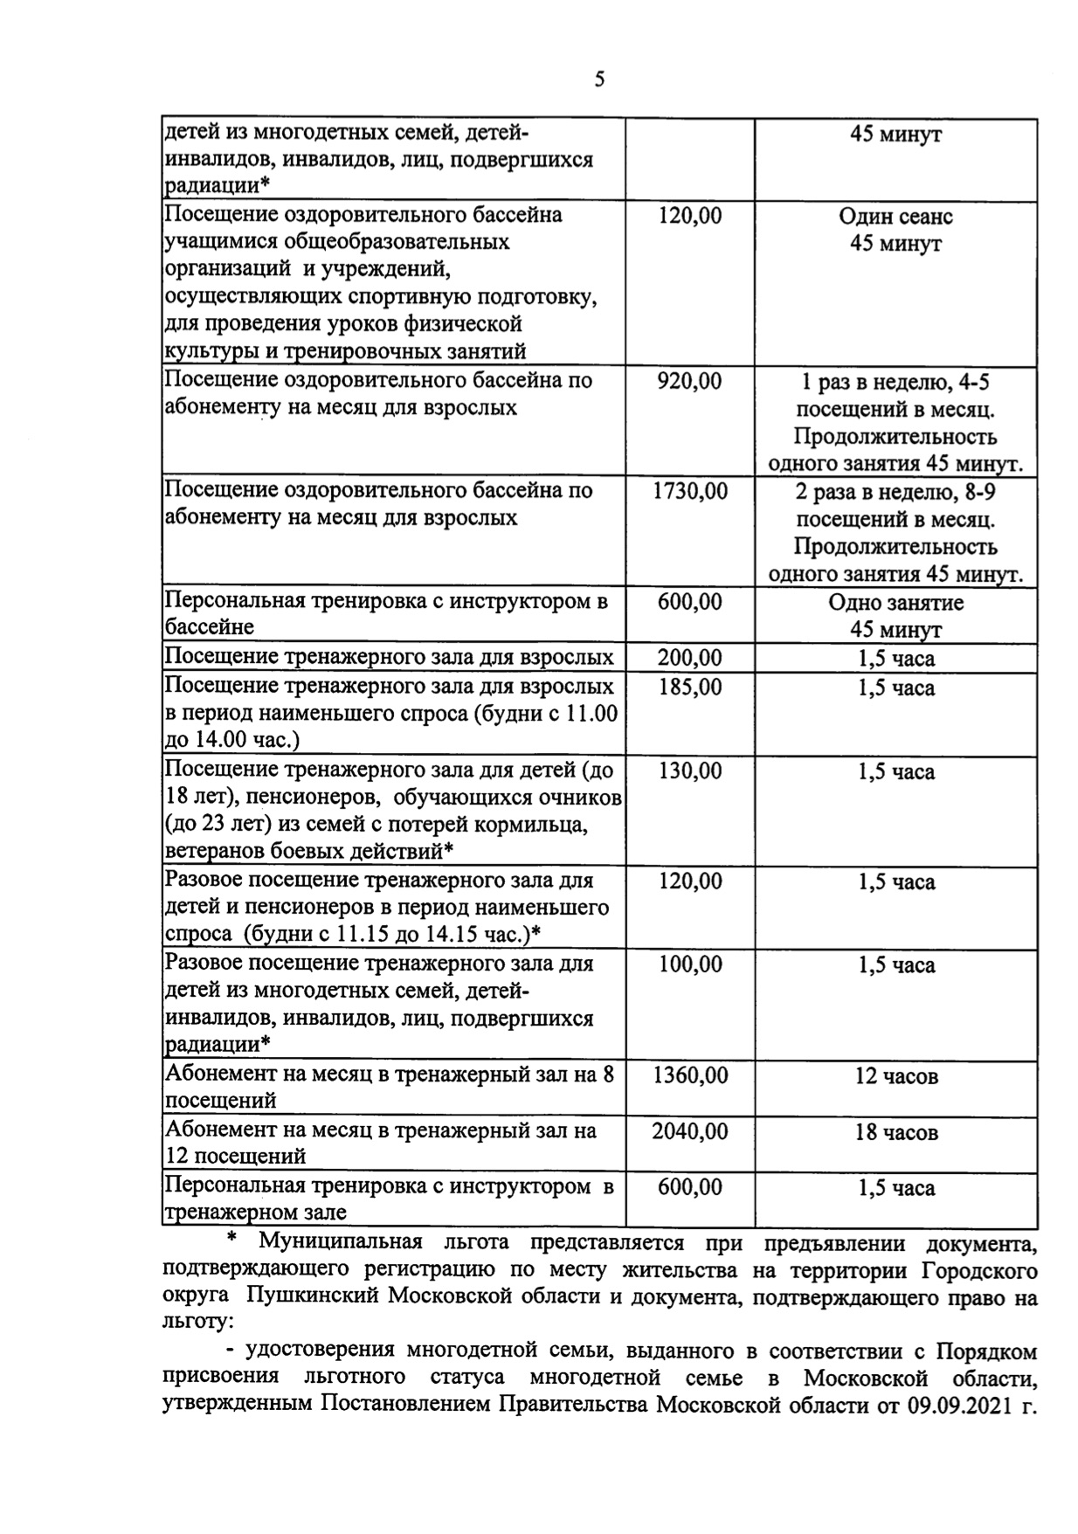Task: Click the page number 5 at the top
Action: [x=599, y=80]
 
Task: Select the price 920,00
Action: [x=689, y=381]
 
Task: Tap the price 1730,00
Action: [x=689, y=491]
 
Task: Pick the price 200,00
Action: [x=689, y=658]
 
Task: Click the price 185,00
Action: [x=689, y=688]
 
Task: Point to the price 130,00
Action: [x=689, y=770]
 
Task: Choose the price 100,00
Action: [x=689, y=964]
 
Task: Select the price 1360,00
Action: [x=689, y=1075]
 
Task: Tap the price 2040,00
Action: [x=689, y=1131]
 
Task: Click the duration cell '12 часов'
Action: [x=896, y=1076]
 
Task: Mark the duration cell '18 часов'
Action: [x=896, y=1133]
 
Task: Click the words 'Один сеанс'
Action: [x=896, y=216]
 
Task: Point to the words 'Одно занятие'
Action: [x=896, y=603]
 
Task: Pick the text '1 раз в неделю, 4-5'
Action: [x=896, y=382]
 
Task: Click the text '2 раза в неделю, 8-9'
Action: [x=896, y=492]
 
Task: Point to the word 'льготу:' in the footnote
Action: [x=192, y=1323]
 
